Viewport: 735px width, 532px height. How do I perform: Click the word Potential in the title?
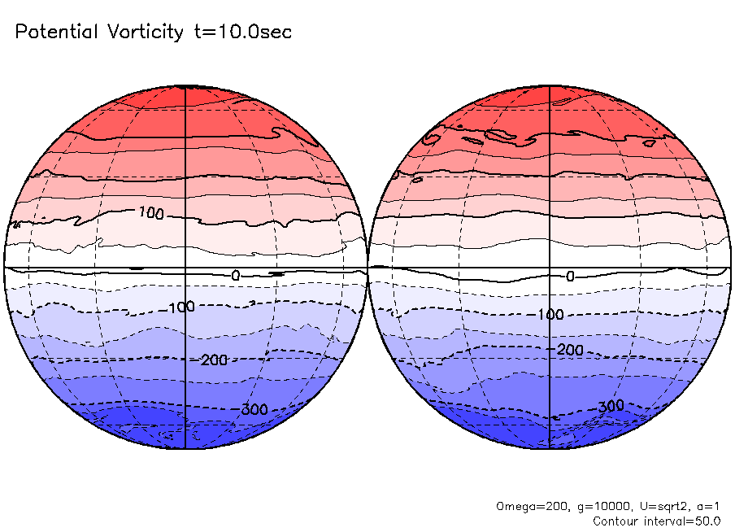[x=55, y=33]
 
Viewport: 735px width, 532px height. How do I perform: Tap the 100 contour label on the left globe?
[x=151, y=214]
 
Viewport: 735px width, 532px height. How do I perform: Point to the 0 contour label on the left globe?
[x=236, y=276]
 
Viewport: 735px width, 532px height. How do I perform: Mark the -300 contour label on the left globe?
[x=254, y=409]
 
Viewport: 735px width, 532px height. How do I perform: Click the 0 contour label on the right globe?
[x=570, y=277]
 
